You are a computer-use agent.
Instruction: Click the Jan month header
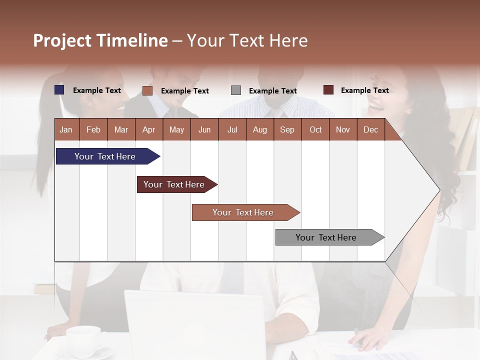(x=66, y=129)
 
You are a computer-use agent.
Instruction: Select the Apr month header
(x=148, y=129)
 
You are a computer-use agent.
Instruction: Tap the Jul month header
(x=232, y=129)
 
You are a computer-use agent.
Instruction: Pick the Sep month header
(x=287, y=129)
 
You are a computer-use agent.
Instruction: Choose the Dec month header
(x=370, y=129)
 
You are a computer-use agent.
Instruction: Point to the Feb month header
(x=93, y=129)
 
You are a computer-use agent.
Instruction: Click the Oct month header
(x=315, y=129)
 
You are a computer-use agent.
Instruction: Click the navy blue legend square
(x=59, y=90)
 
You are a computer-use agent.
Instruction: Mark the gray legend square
(x=236, y=90)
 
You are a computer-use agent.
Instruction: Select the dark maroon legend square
(x=328, y=90)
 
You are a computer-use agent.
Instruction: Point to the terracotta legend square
(x=147, y=90)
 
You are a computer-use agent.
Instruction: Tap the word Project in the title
(x=62, y=40)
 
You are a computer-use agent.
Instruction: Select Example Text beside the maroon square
(x=364, y=90)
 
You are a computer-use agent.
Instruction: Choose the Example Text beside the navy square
(x=97, y=90)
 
